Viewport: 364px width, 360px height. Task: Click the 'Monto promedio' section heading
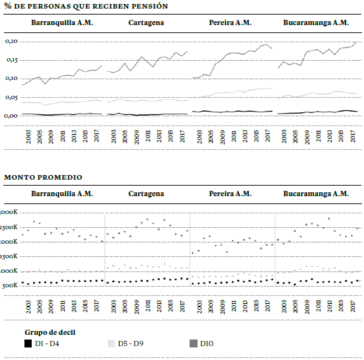(44, 177)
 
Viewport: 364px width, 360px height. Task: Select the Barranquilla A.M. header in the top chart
(62, 22)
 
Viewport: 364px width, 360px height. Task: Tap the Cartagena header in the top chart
(146, 22)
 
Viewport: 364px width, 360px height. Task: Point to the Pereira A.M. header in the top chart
(230, 22)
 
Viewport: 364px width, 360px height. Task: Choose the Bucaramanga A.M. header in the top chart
(316, 22)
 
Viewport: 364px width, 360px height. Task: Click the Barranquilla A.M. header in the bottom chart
(62, 194)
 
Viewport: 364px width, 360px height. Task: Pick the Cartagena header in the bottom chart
(146, 194)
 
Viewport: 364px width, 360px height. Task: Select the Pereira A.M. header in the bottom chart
(230, 194)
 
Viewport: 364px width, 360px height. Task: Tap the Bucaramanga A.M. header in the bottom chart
(316, 194)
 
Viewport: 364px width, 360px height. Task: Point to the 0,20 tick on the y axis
(10, 41)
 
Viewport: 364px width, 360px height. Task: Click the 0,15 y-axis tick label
(10, 59)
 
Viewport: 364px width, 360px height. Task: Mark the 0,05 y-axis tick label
(10, 97)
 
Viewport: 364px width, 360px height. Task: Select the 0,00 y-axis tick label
(10, 116)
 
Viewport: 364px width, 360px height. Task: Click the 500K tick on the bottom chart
(10, 285)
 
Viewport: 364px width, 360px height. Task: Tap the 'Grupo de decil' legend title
(52, 332)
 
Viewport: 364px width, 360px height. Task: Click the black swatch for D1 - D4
(28, 343)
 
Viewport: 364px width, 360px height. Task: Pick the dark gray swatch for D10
(194, 343)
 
